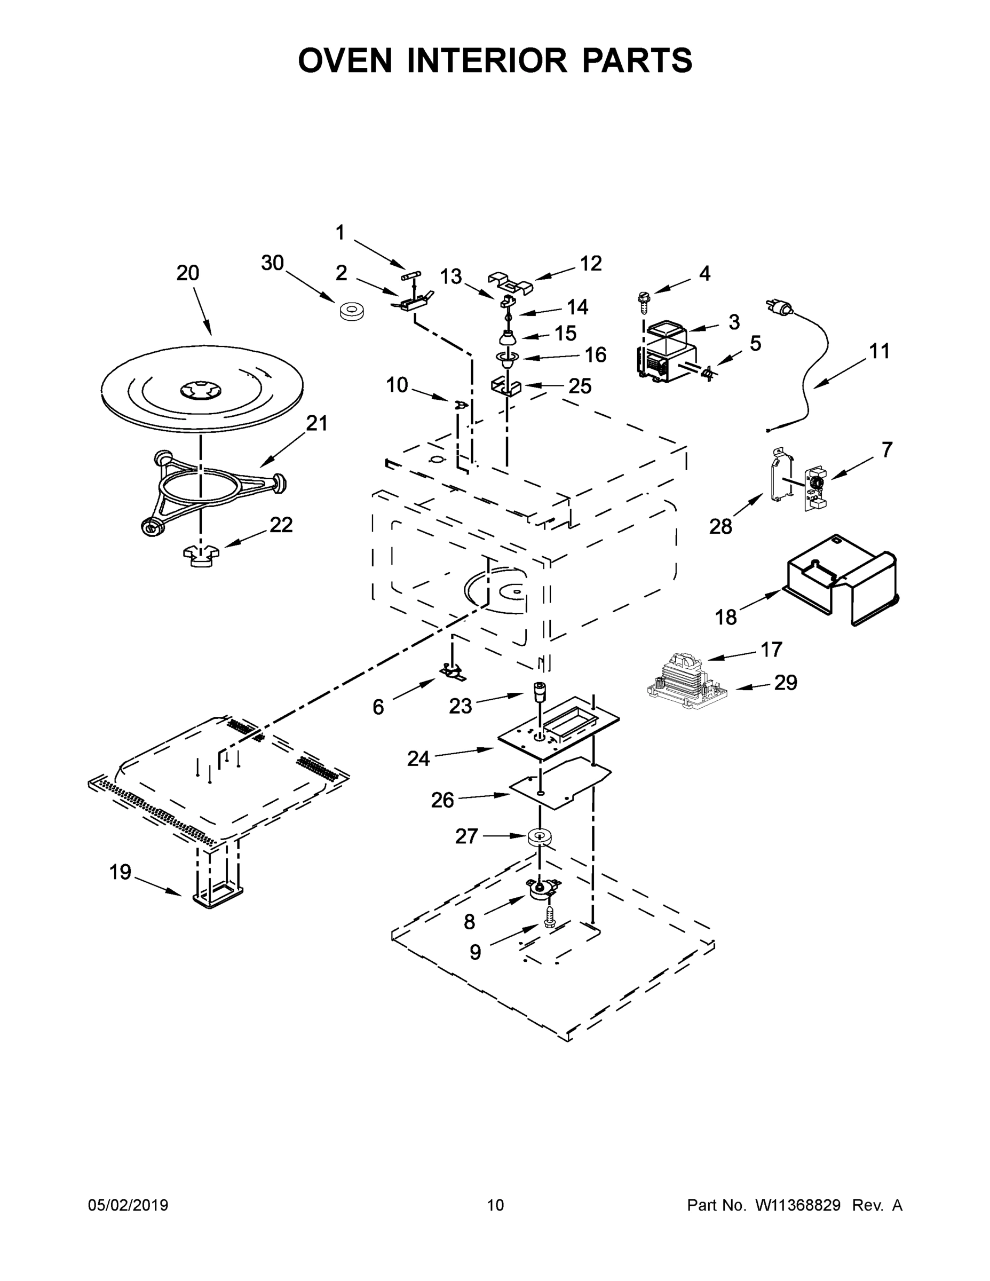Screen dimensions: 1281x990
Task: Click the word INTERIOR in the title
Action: (x=487, y=60)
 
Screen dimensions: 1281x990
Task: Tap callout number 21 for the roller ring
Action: (x=316, y=423)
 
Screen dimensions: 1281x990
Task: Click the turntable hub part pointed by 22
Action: (x=201, y=556)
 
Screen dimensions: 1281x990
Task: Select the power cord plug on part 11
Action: (x=777, y=306)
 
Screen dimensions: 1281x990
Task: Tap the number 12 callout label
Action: (x=591, y=264)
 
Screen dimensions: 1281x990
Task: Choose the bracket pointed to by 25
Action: (x=505, y=388)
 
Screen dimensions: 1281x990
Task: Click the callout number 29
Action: (x=785, y=683)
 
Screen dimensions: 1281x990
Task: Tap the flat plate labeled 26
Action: (x=560, y=783)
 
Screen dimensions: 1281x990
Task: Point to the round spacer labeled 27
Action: (x=538, y=837)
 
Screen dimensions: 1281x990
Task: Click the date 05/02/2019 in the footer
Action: (x=128, y=1205)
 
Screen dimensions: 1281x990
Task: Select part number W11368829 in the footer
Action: (x=798, y=1205)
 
